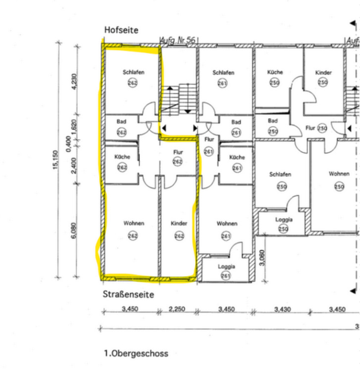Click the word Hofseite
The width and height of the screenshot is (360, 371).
tap(121, 30)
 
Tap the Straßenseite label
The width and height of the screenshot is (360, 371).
tap(129, 294)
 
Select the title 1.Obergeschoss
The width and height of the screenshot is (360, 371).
tap(136, 353)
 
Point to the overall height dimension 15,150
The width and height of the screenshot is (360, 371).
tap(55, 159)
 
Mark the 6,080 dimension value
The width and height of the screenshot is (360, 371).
tap(74, 231)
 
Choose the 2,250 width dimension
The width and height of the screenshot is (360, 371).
tap(177, 309)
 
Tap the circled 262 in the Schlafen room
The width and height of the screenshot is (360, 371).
tap(133, 83)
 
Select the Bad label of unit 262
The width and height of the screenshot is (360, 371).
tap(121, 121)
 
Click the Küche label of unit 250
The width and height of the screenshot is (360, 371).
tap(275, 72)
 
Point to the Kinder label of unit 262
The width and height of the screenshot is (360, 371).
tap(179, 224)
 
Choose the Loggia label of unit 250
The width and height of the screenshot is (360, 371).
tap(283, 219)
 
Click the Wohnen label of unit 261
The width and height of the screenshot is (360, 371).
tap(227, 224)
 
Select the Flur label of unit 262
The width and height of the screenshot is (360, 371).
tap(178, 152)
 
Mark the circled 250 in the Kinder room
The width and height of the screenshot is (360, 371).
tap(323, 83)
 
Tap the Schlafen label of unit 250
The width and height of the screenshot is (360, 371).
tap(280, 175)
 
